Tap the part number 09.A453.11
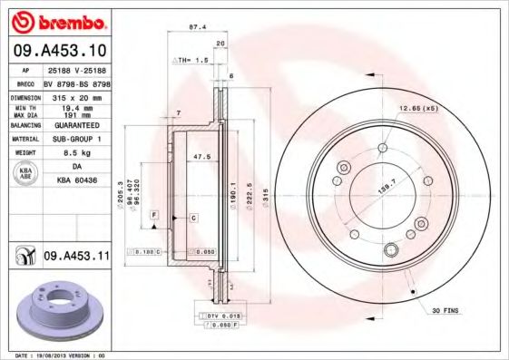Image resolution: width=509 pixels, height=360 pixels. (76, 257)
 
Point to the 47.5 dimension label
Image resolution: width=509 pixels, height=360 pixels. (202, 157)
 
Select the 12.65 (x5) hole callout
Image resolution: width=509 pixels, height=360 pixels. (417, 109)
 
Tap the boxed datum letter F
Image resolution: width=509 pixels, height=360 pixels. (154, 214)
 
